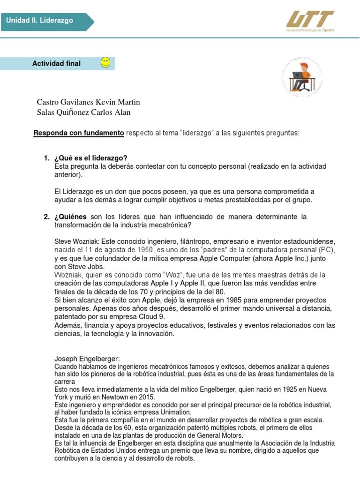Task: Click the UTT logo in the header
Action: coord(310,21)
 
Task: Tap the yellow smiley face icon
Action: coord(105,63)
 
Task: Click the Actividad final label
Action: coord(56,63)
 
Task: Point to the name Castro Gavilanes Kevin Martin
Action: coord(88,102)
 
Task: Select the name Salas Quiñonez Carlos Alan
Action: coord(83,112)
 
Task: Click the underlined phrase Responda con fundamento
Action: coord(78,133)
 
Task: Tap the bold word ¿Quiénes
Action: coord(70,217)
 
